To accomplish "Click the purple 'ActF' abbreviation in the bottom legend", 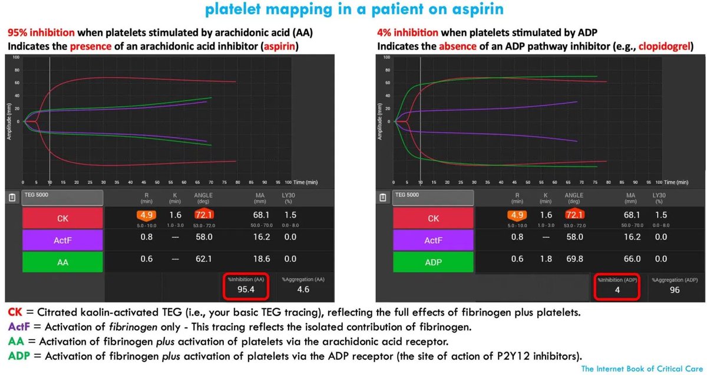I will [x=19, y=327].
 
